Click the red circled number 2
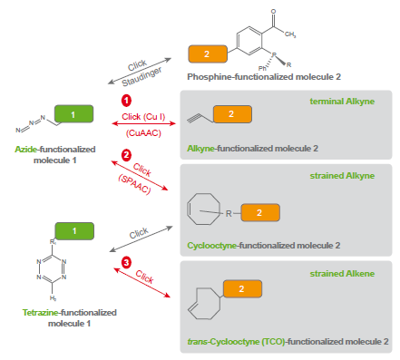126,154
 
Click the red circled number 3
127,264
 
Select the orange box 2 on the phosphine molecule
207,54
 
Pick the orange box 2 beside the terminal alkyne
231,114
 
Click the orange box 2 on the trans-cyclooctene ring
242,288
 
